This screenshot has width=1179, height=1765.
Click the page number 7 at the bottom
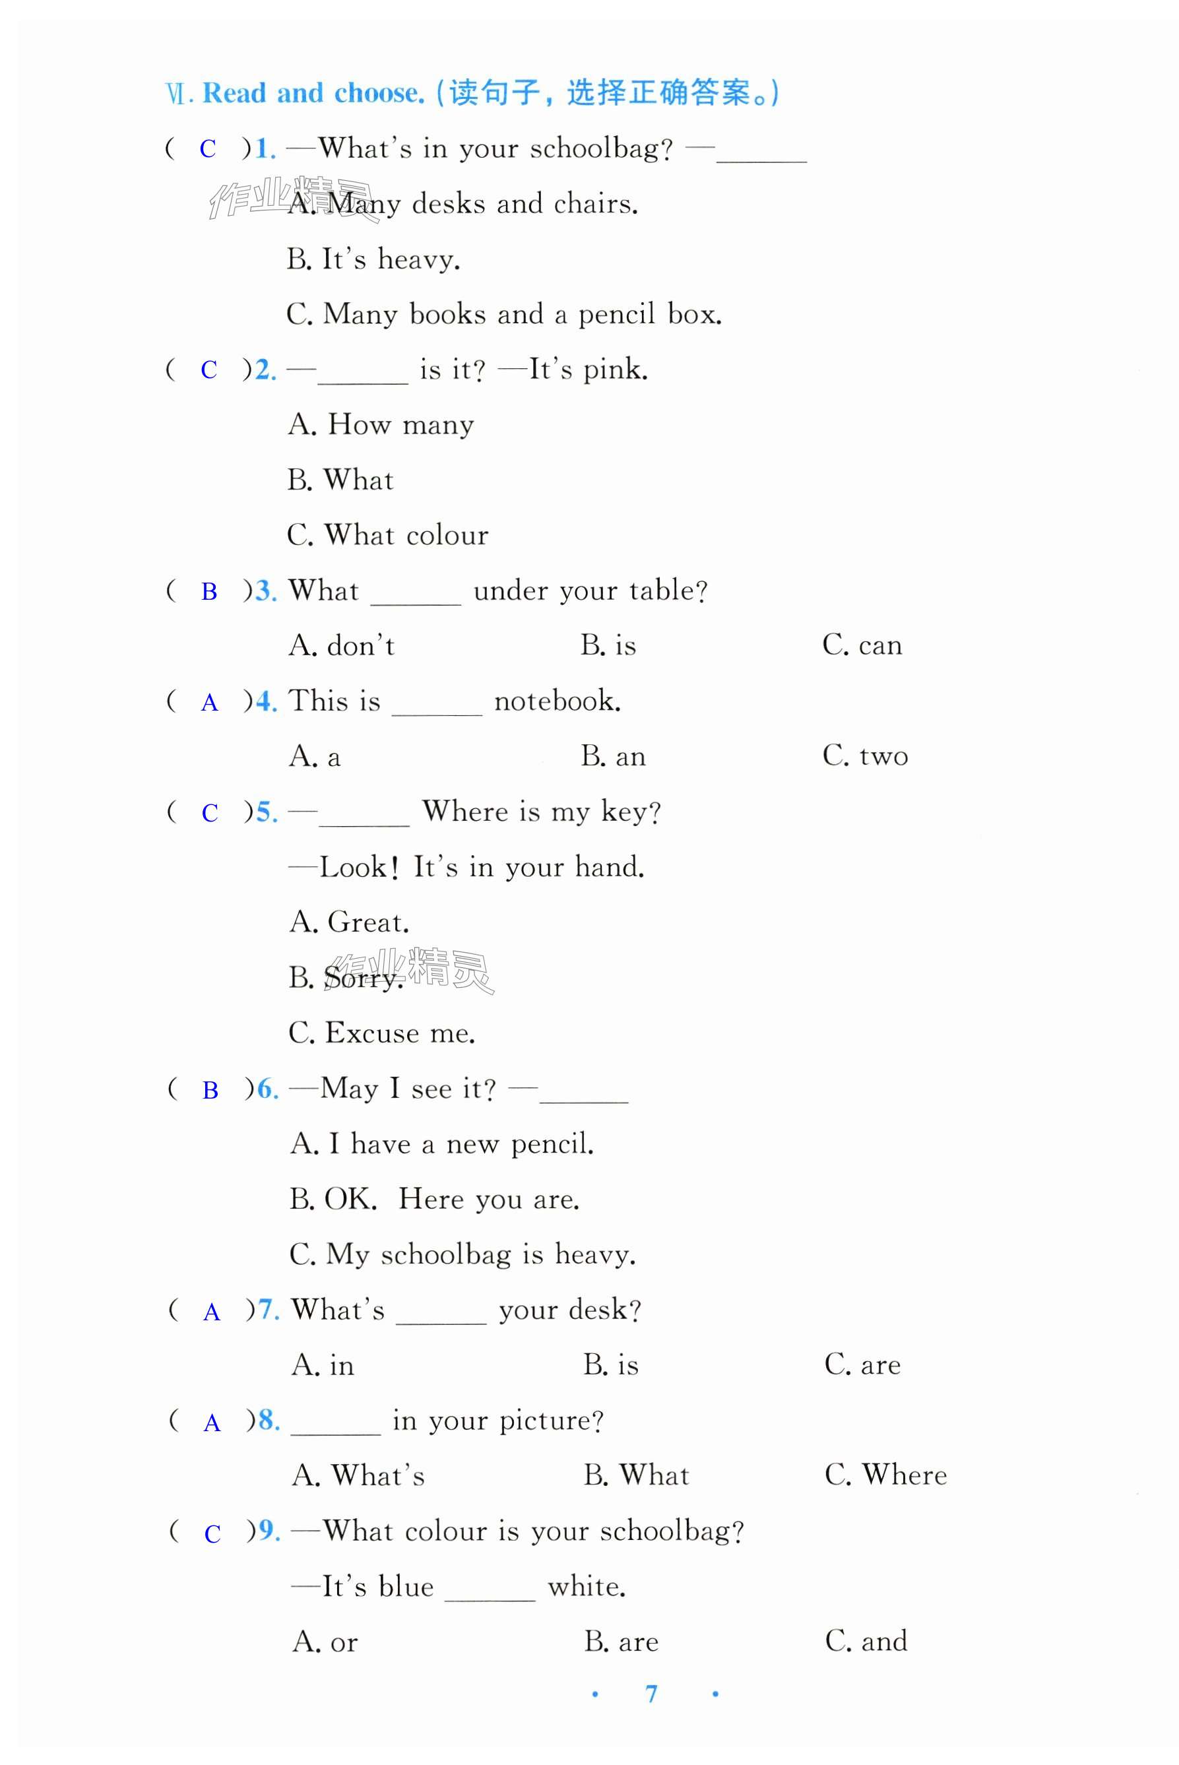tap(651, 1694)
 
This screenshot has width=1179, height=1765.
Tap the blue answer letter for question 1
tap(208, 149)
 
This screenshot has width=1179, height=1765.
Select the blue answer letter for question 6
tap(210, 1090)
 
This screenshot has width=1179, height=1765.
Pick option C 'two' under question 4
tap(865, 755)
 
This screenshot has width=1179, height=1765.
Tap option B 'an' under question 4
tap(613, 755)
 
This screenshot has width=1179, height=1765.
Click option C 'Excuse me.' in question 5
tap(382, 1033)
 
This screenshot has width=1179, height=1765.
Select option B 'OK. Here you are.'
tap(434, 1199)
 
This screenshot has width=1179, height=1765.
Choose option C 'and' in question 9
tap(866, 1641)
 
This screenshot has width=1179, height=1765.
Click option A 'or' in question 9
tap(325, 1642)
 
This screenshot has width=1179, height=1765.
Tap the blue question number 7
tap(269, 1310)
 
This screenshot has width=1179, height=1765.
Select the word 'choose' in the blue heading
tap(377, 93)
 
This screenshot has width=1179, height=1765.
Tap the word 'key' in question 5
tap(624, 812)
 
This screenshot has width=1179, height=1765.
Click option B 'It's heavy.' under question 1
tap(373, 259)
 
